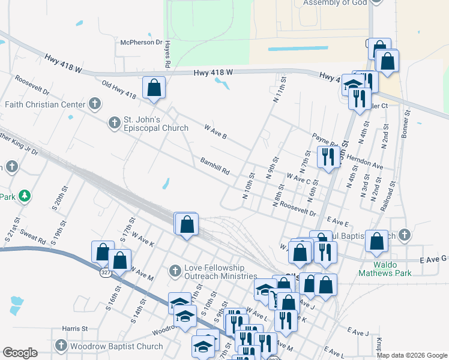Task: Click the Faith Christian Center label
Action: click(x=45, y=104)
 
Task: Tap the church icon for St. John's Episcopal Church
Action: click(x=114, y=123)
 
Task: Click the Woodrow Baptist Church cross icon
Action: click(x=61, y=346)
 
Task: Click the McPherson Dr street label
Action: click(x=141, y=43)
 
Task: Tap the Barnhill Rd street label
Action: click(x=215, y=166)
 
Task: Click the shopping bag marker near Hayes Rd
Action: click(x=154, y=87)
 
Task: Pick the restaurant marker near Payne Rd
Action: click(x=328, y=157)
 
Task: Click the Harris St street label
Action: click(x=76, y=329)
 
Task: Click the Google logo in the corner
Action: click(x=20, y=353)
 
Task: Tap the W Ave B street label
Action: click(x=215, y=132)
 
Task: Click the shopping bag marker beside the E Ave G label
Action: click(x=376, y=241)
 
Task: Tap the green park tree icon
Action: click(x=24, y=196)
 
